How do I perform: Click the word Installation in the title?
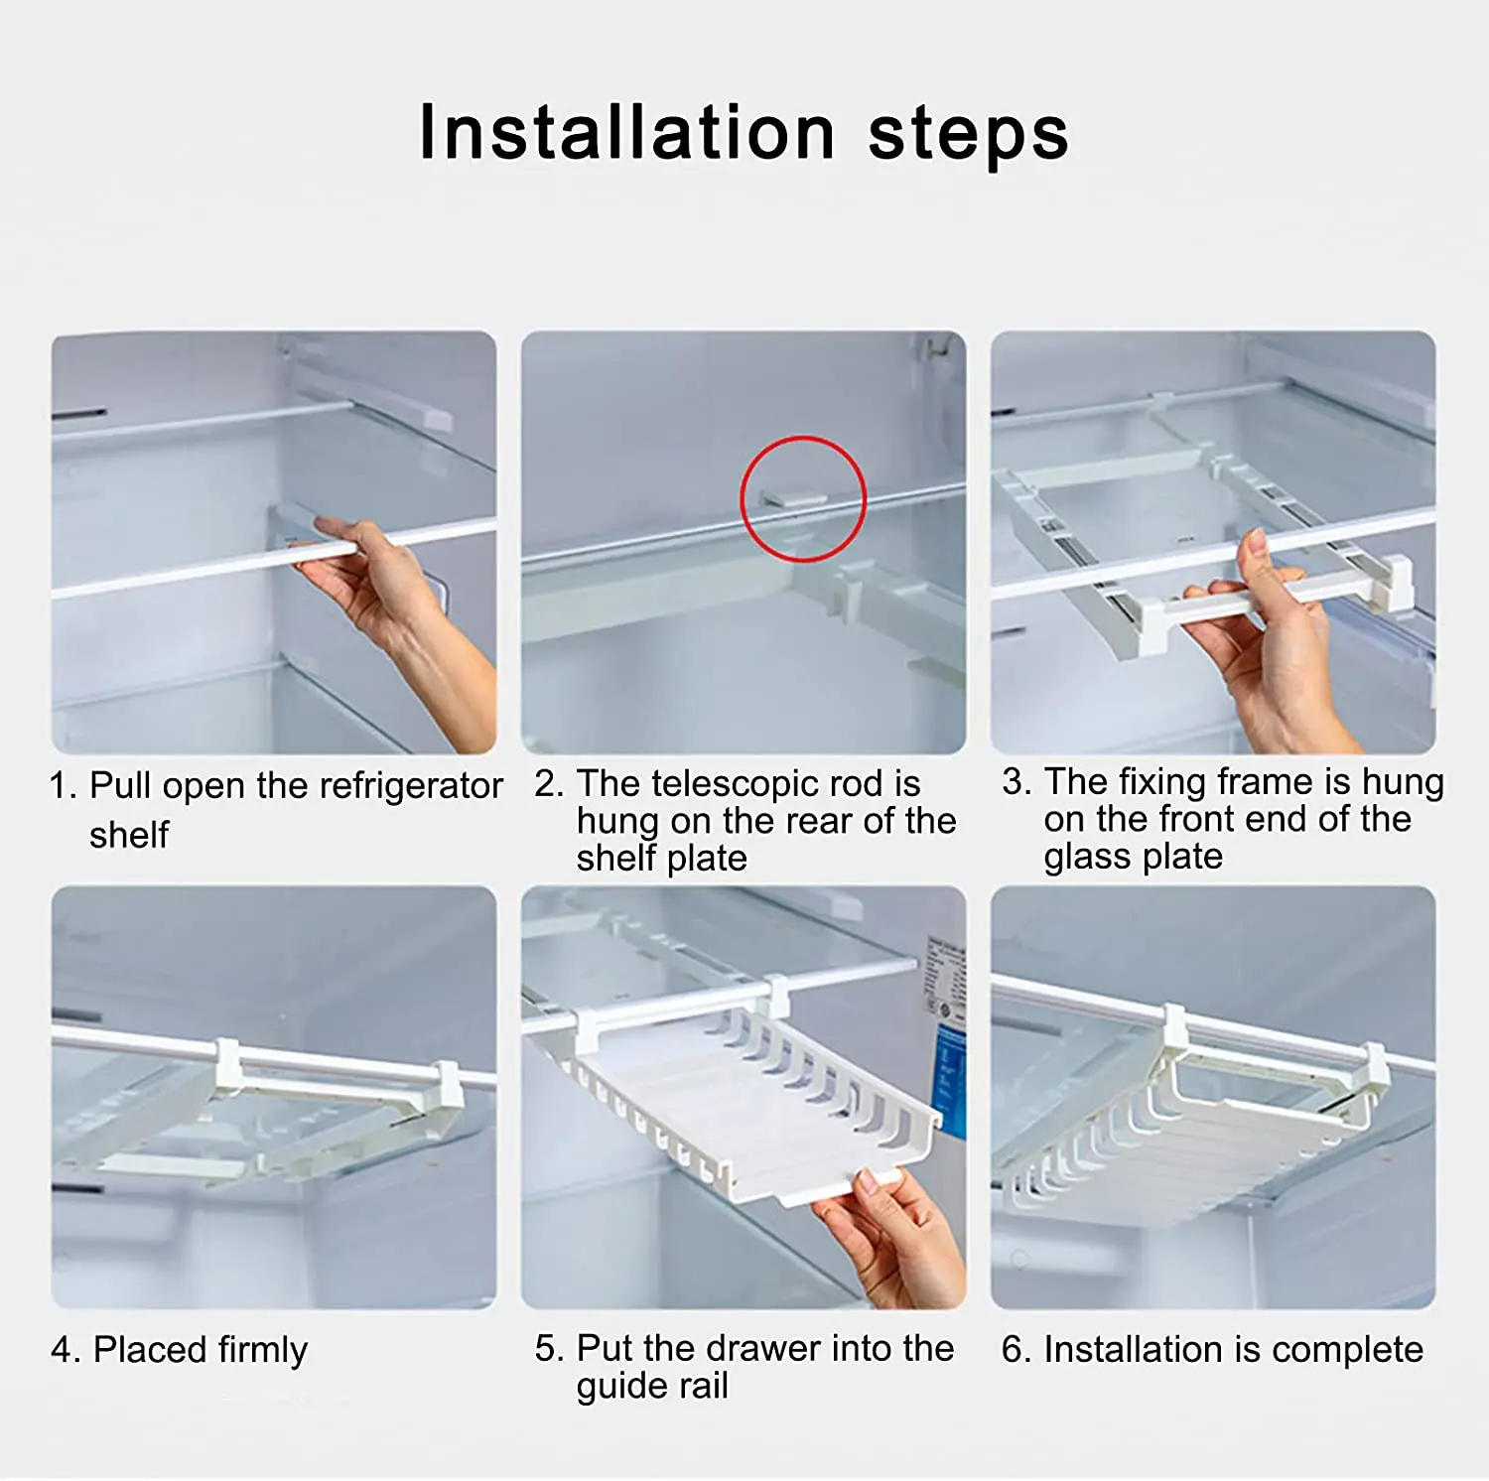[x=627, y=132]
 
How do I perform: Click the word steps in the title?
[x=969, y=135]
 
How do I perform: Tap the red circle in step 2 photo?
[x=803, y=498]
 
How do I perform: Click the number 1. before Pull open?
[x=63, y=786]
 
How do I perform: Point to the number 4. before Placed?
[x=66, y=1350]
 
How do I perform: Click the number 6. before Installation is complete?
[x=1016, y=1349]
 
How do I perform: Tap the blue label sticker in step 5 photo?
[x=950, y=1082]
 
